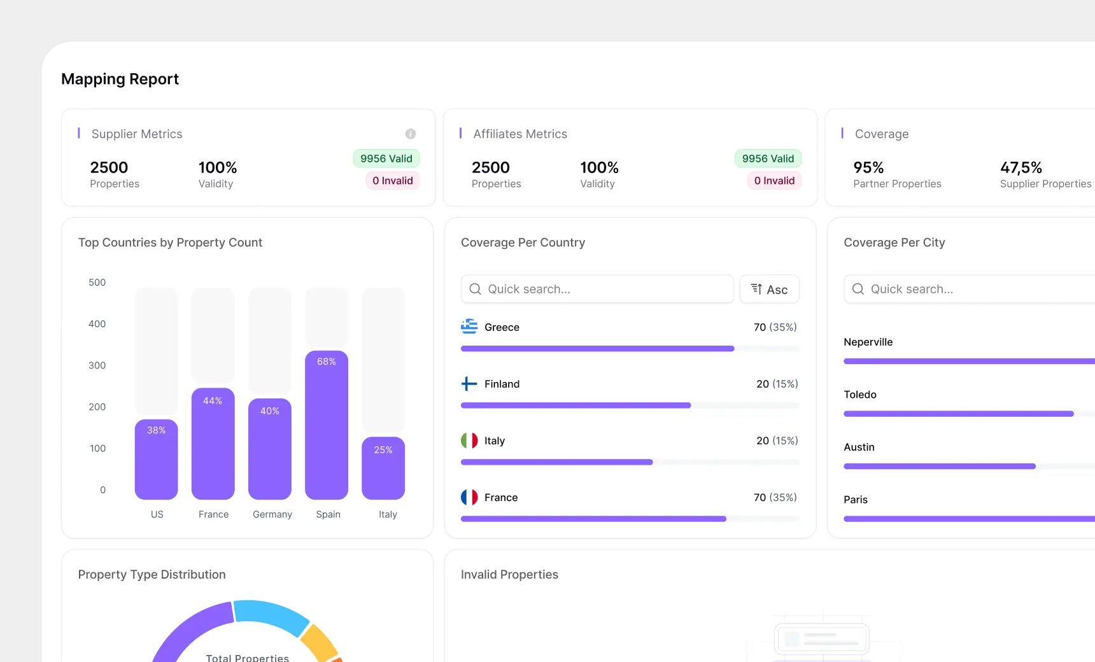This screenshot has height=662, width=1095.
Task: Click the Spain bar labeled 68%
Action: pos(326,425)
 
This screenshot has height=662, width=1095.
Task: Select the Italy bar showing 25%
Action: pos(383,468)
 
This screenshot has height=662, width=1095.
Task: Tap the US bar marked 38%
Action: pos(156,459)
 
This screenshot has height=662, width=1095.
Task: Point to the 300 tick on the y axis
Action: pos(97,365)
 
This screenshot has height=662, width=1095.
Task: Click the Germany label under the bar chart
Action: pos(272,514)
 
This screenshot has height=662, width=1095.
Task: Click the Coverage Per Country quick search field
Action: pos(597,289)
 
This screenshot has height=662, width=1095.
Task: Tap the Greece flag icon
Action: pos(469,327)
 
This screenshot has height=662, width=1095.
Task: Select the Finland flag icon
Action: pos(469,384)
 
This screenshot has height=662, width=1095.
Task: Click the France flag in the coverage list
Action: pos(469,497)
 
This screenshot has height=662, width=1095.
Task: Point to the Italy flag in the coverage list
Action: pos(469,440)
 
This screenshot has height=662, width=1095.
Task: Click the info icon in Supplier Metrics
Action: pos(411,134)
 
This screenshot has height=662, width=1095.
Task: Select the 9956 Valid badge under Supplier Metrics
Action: pos(386,158)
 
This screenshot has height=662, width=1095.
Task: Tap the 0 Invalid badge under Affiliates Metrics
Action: pos(774,181)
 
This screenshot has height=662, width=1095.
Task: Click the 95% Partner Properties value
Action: pos(868,167)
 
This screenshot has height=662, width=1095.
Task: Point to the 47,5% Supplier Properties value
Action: pos(1021,167)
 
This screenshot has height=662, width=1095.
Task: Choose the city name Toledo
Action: pos(860,395)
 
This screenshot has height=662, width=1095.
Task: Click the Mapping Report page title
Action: pos(120,79)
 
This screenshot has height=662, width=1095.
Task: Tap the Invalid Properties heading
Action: pos(509,574)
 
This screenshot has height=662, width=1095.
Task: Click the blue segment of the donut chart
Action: pos(271,614)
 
